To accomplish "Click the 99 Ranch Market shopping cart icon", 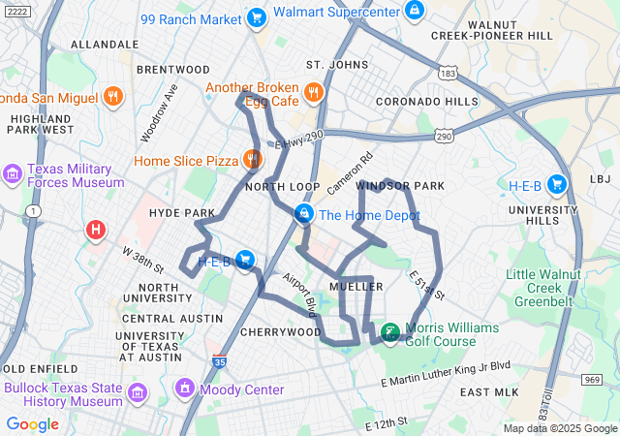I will coord(256,16).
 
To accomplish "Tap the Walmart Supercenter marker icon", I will coord(414,10).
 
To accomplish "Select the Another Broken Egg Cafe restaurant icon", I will coord(313,93).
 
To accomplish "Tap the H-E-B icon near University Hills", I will coord(556,184).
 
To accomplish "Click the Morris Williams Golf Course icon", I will coord(389,333).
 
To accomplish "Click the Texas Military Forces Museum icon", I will coord(13,174).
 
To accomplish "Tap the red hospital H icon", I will coord(96,230).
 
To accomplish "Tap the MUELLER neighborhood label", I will coord(356,287).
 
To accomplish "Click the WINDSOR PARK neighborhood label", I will coord(400,185).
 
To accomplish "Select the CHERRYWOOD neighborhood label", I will coord(280,331).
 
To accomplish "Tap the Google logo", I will coord(32,423).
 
